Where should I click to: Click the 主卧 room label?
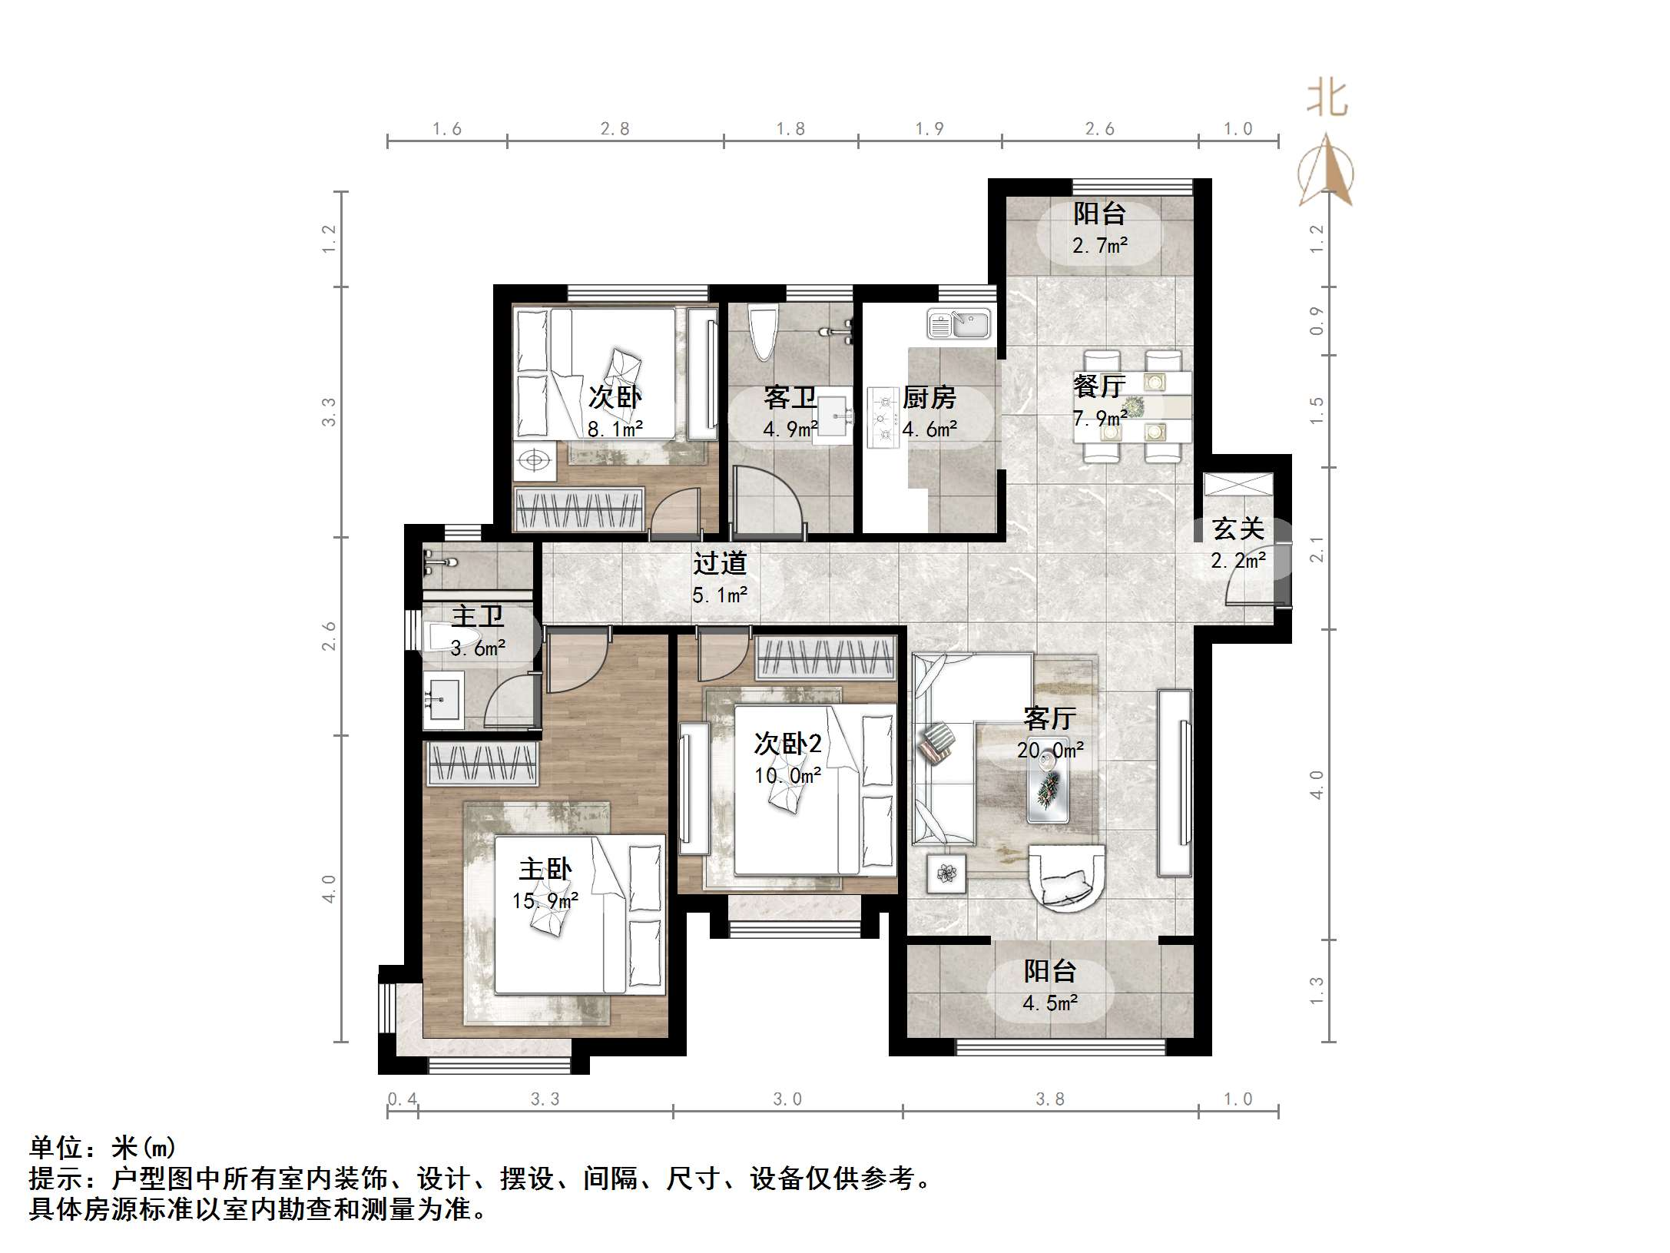(545, 869)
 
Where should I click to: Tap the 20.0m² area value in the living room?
(1050, 751)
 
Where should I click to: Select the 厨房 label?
(929, 397)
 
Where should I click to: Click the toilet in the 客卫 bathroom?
(765, 332)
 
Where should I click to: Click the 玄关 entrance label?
(1238, 529)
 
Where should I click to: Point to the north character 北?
(1327, 99)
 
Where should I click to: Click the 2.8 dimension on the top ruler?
(615, 129)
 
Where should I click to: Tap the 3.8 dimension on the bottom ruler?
(1049, 1099)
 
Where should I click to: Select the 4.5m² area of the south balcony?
(1050, 1003)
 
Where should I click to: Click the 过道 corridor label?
(720, 563)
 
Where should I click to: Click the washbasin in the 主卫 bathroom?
(442, 699)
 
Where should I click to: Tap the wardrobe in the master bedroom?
(482, 764)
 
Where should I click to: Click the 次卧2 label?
(787, 743)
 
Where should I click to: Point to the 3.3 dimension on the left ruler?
(329, 412)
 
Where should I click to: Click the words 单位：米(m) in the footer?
(103, 1148)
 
